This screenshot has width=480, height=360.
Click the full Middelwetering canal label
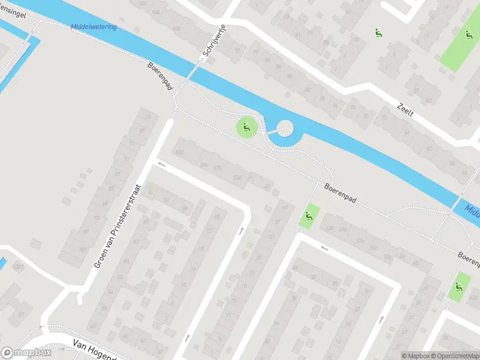(x=93, y=27)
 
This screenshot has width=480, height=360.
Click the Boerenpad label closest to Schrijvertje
(x=160, y=75)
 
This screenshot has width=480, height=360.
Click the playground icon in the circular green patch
(x=246, y=127)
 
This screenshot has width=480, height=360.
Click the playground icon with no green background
(x=378, y=34)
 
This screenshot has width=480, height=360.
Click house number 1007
(x=19, y=268)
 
